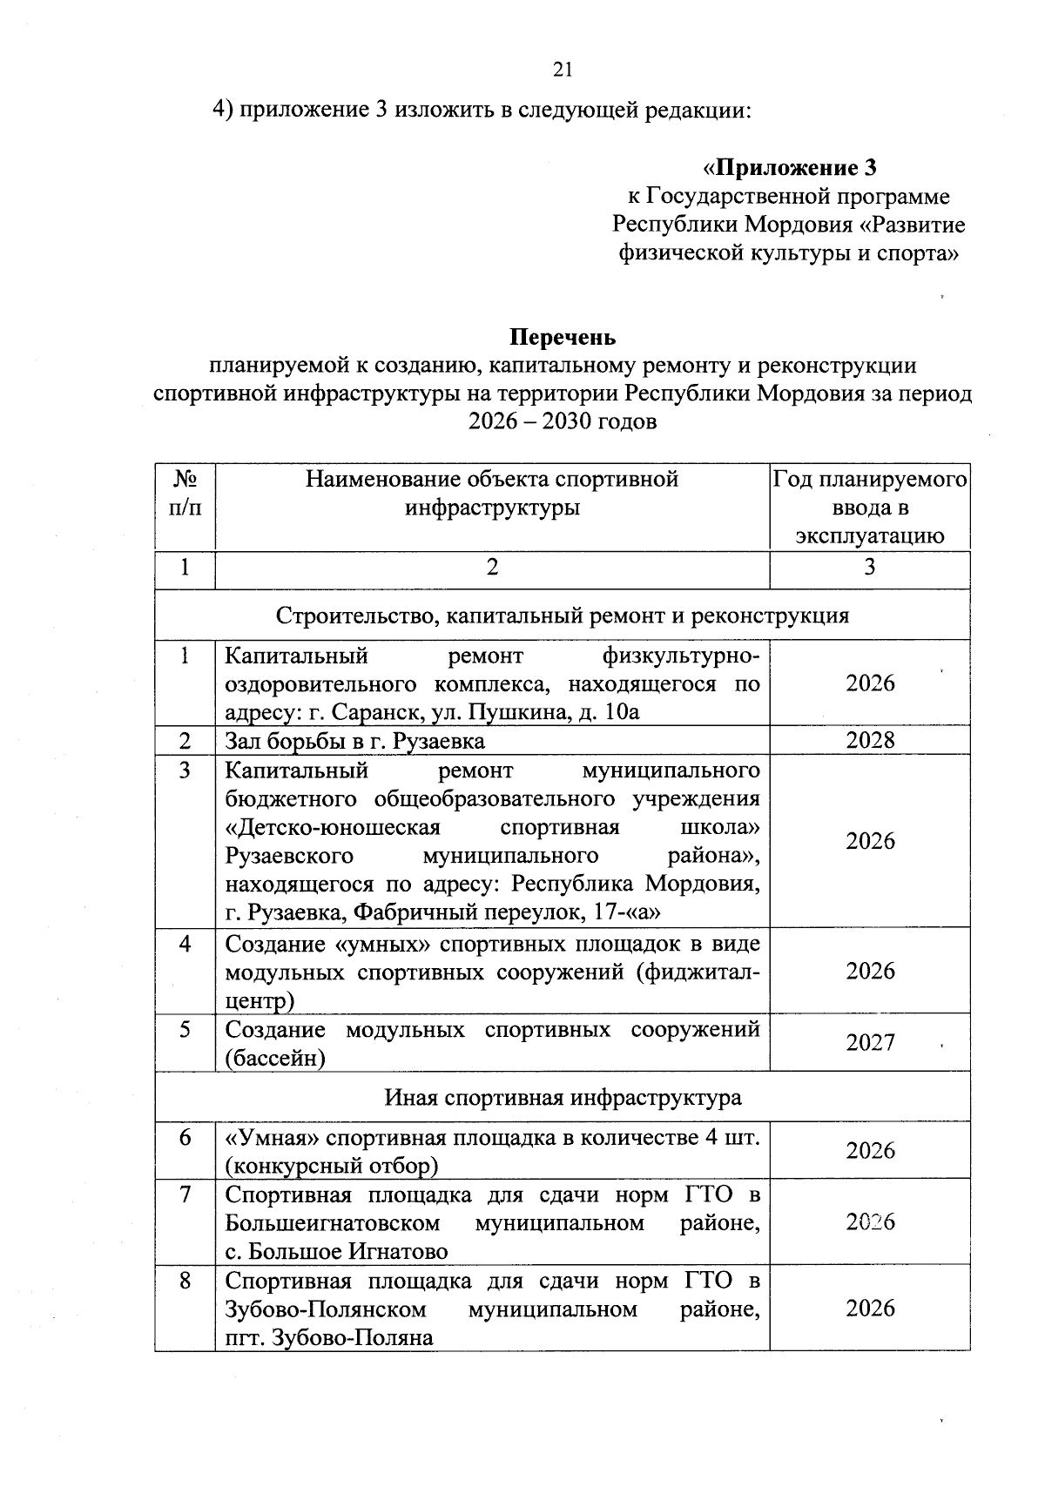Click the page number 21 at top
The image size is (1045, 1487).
[563, 71]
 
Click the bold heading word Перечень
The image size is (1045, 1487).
[563, 337]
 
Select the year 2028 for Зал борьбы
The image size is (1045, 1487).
[870, 740]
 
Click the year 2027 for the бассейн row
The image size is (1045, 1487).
[870, 1042]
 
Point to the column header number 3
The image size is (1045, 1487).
[869, 568]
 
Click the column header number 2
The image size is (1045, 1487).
[492, 568]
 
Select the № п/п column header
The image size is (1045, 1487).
[185, 494]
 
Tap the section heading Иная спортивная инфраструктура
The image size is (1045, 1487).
[563, 1097]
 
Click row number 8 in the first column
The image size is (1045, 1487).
[185, 1281]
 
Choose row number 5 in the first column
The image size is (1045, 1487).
[185, 1030]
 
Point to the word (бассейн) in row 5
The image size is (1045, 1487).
[275, 1058]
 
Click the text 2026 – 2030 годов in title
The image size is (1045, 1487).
[563, 421]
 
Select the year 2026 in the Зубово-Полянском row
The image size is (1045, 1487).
[870, 1308]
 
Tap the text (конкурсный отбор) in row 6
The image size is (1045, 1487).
[332, 1165]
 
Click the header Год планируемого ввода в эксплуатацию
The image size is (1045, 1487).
[869, 507]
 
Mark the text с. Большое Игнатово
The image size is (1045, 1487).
[336, 1251]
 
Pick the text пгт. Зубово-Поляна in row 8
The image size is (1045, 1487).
[329, 1337]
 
